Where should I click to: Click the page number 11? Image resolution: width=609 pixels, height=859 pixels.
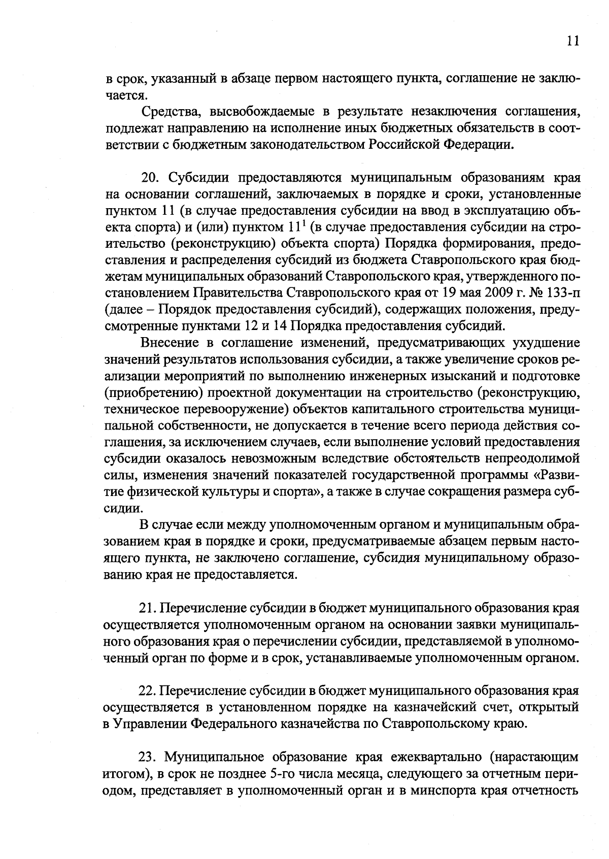click(572, 41)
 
